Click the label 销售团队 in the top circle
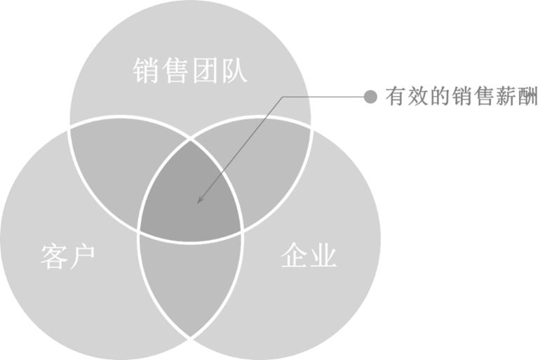(190, 71)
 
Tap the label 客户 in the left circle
(68, 257)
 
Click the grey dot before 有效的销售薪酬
(370, 97)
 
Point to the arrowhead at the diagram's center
(199, 201)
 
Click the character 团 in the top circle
(204, 71)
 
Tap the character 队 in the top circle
(234, 71)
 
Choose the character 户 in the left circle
(82, 257)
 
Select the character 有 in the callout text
(396, 97)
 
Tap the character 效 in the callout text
(418, 97)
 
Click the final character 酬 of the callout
(527, 97)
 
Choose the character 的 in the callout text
(440, 97)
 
